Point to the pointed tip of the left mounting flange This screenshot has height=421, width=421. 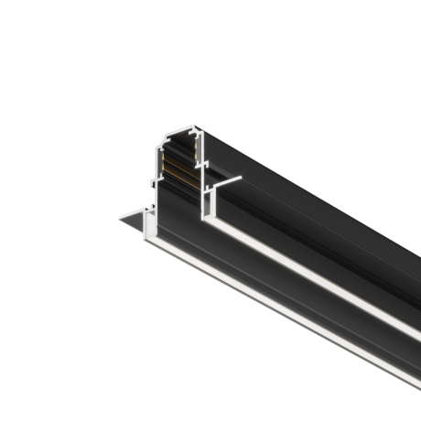pos(117,219)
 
